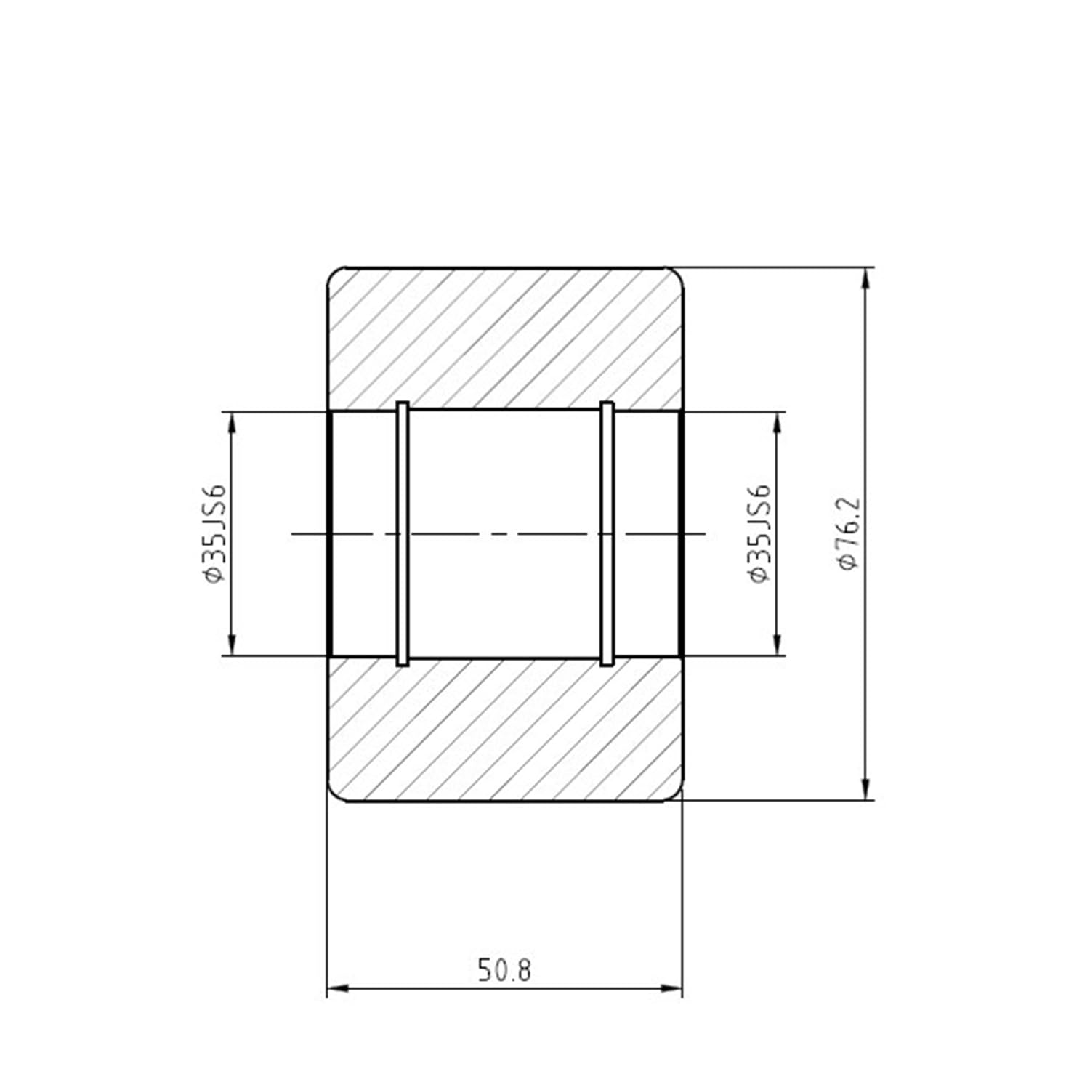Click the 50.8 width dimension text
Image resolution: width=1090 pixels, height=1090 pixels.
(504, 970)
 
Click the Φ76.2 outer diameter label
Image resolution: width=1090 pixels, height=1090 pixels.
(849, 533)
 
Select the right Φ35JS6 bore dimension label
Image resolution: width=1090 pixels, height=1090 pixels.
(759, 533)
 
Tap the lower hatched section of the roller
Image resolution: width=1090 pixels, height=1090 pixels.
(504, 730)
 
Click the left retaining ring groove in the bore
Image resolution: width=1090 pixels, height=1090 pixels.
(403, 533)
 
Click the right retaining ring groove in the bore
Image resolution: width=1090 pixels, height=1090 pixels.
(607, 533)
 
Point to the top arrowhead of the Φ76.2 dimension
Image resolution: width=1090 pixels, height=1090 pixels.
(865, 279)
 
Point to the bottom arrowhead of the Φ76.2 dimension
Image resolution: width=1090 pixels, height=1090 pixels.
(865, 789)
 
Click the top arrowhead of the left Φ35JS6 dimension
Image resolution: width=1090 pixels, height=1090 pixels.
(232, 423)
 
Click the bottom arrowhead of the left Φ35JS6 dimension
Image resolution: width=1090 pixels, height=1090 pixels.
(232, 644)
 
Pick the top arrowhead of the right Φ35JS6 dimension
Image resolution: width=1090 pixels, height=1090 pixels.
(778, 423)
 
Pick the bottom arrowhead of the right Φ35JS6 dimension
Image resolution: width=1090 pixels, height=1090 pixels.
(778, 644)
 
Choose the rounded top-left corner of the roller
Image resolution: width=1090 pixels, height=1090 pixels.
(334, 274)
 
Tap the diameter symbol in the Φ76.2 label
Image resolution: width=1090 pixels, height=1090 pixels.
(849, 561)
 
